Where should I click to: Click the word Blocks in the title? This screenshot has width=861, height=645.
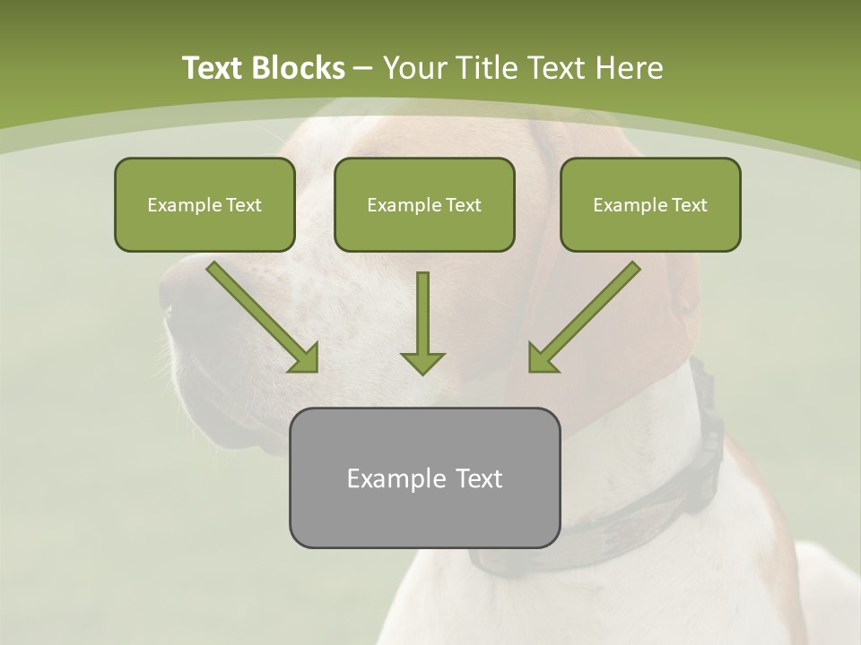click(300, 68)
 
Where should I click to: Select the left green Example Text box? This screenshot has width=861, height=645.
click(204, 204)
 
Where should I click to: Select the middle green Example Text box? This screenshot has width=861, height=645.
click(424, 204)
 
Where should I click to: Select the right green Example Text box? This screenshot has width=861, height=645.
click(650, 204)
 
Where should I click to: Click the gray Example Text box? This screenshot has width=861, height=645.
click(424, 477)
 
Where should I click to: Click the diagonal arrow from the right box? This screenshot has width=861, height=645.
click(586, 315)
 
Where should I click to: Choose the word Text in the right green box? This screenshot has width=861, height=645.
click(689, 204)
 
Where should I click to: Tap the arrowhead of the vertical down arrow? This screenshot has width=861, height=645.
click(422, 361)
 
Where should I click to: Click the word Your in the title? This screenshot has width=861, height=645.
click(413, 68)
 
